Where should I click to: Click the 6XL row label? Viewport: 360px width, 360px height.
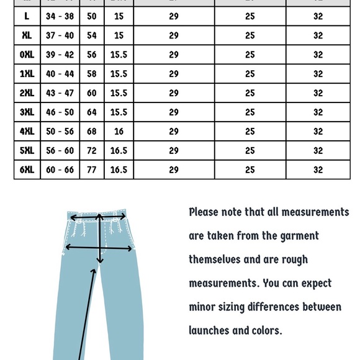point(27,169)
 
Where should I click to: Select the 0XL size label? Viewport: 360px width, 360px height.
point(27,55)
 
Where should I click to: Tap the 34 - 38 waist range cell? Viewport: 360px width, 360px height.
point(60,17)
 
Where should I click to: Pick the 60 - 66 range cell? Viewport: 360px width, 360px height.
point(60,169)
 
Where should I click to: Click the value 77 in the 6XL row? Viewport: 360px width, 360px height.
point(92,169)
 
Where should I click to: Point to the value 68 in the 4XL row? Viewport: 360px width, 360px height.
point(92,132)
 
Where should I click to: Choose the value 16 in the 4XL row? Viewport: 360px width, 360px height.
point(119,132)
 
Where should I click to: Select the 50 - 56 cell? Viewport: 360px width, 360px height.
point(60,132)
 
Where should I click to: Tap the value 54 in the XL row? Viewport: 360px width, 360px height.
point(92,35)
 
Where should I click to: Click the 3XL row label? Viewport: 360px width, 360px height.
point(27,112)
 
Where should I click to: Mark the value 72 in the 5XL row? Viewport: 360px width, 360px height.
point(92,151)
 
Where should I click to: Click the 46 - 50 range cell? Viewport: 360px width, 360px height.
point(60,112)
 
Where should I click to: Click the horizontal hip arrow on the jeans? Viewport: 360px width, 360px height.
point(99,248)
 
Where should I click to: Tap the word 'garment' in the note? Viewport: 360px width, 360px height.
point(293,236)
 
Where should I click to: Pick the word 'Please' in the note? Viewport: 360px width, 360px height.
point(204,212)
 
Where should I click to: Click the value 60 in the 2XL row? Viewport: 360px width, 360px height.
point(92,93)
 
